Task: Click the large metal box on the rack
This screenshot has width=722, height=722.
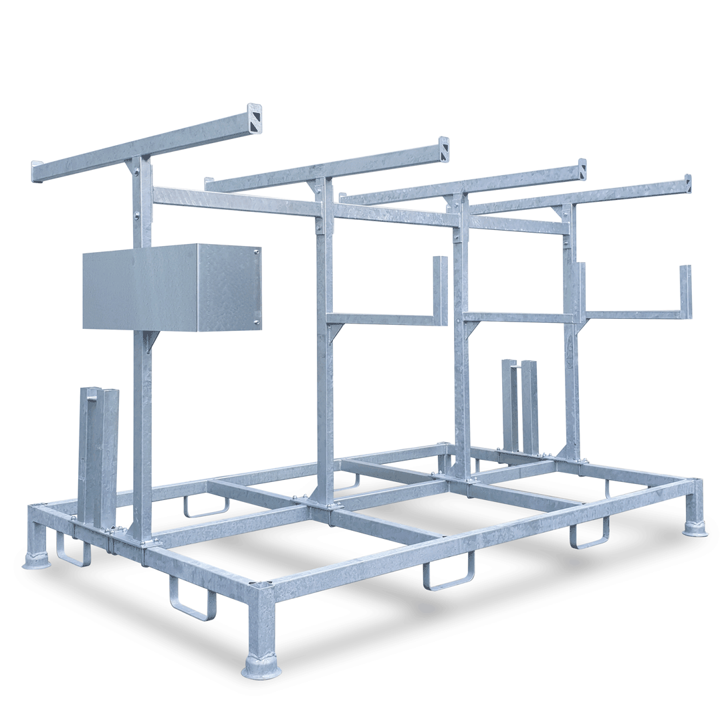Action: [x=171, y=287]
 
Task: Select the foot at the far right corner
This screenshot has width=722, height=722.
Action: [x=695, y=528]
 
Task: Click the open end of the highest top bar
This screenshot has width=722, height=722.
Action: [x=254, y=118]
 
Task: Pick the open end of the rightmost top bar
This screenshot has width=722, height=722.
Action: [x=688, y=183]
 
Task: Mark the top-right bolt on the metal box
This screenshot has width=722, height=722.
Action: [x=257, y=252]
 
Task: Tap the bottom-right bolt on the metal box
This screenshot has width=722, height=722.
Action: [x=257, y=323]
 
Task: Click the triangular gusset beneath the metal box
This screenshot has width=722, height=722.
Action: [x=152, y=340]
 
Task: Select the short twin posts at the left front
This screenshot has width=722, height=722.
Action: [x=99, y=455]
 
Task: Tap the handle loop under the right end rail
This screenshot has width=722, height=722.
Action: [x=589, y=535]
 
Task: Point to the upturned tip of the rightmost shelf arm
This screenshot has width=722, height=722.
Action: [x=685, y=287]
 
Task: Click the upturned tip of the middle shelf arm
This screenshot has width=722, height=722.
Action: [x=440, y=287]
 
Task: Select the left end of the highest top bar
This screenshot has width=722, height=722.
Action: [x=37, y=171]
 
